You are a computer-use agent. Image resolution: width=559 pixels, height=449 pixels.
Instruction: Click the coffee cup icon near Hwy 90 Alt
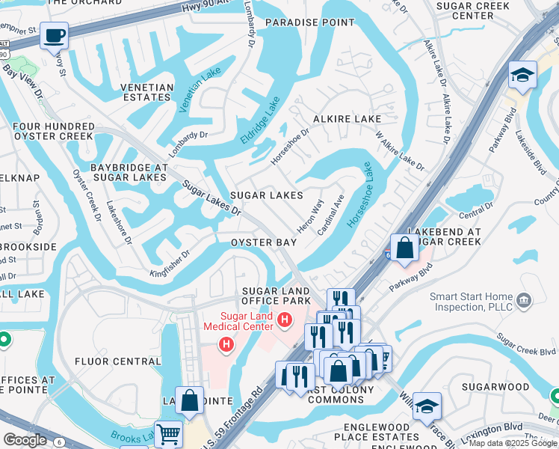(54, 35)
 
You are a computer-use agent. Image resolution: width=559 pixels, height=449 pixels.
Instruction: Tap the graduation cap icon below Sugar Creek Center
(522, 75)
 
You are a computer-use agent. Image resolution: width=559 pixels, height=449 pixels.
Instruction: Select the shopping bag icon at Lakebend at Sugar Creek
(404, 247)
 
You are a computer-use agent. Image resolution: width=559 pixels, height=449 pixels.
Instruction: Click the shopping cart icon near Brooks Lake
(170, 433)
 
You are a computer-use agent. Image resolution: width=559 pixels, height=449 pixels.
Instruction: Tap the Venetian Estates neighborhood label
(147, 92)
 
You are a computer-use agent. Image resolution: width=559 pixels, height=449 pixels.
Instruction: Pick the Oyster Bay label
(264, 242)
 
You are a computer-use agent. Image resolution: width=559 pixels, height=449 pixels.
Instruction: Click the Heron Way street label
(310, 215)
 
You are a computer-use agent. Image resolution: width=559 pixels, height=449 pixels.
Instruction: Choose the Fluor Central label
(117, 361)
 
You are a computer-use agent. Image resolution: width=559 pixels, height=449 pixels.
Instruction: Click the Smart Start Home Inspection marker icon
(523, 301)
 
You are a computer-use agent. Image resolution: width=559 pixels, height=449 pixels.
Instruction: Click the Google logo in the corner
(25, 440)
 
